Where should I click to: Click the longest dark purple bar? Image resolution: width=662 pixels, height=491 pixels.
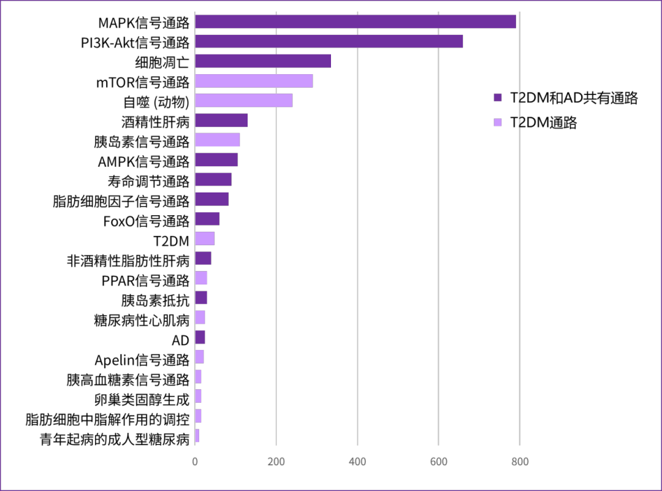click(x=356, y=21)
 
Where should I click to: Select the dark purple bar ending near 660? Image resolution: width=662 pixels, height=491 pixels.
click(x=329, y=41)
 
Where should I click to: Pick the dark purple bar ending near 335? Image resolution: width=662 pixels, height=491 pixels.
click(x=263, y=61)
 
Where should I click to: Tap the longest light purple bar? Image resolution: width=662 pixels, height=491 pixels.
click(x=254, y=81)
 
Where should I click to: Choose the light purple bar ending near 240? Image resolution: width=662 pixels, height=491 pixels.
click(x=243, y=101)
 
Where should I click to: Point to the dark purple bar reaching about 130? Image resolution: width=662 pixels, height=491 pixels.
click(x=221, y=120)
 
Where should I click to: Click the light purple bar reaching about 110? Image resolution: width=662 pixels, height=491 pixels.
click(x=218, y=140)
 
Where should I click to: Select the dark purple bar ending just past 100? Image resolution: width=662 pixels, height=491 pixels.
click(x=216, y=159)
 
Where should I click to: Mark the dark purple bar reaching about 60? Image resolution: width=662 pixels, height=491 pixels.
click(x=207, y=219)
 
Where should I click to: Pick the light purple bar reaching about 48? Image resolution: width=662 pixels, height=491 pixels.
click(x=205, y=238)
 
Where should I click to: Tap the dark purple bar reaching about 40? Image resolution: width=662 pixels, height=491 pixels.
click(x=203, y=258)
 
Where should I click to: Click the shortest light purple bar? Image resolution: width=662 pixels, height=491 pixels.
click(x=197, y=436)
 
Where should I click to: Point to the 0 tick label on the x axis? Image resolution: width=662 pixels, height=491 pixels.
click(x=195, y=462)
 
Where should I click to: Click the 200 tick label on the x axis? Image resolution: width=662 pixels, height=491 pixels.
click(x=276, y=462)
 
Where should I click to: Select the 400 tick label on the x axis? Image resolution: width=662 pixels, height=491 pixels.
click(x=357, y=462)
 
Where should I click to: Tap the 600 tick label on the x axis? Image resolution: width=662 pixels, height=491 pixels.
click(x=438, y=462)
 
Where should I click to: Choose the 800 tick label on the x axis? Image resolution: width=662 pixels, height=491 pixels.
click(x=520, y=462)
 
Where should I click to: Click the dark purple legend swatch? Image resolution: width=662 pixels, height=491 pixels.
click(x=498, y=97)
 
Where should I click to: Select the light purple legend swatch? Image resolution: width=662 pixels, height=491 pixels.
click(x=498, y=122)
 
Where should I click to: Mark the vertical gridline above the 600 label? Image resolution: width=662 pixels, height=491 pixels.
click(x=438, y=245)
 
